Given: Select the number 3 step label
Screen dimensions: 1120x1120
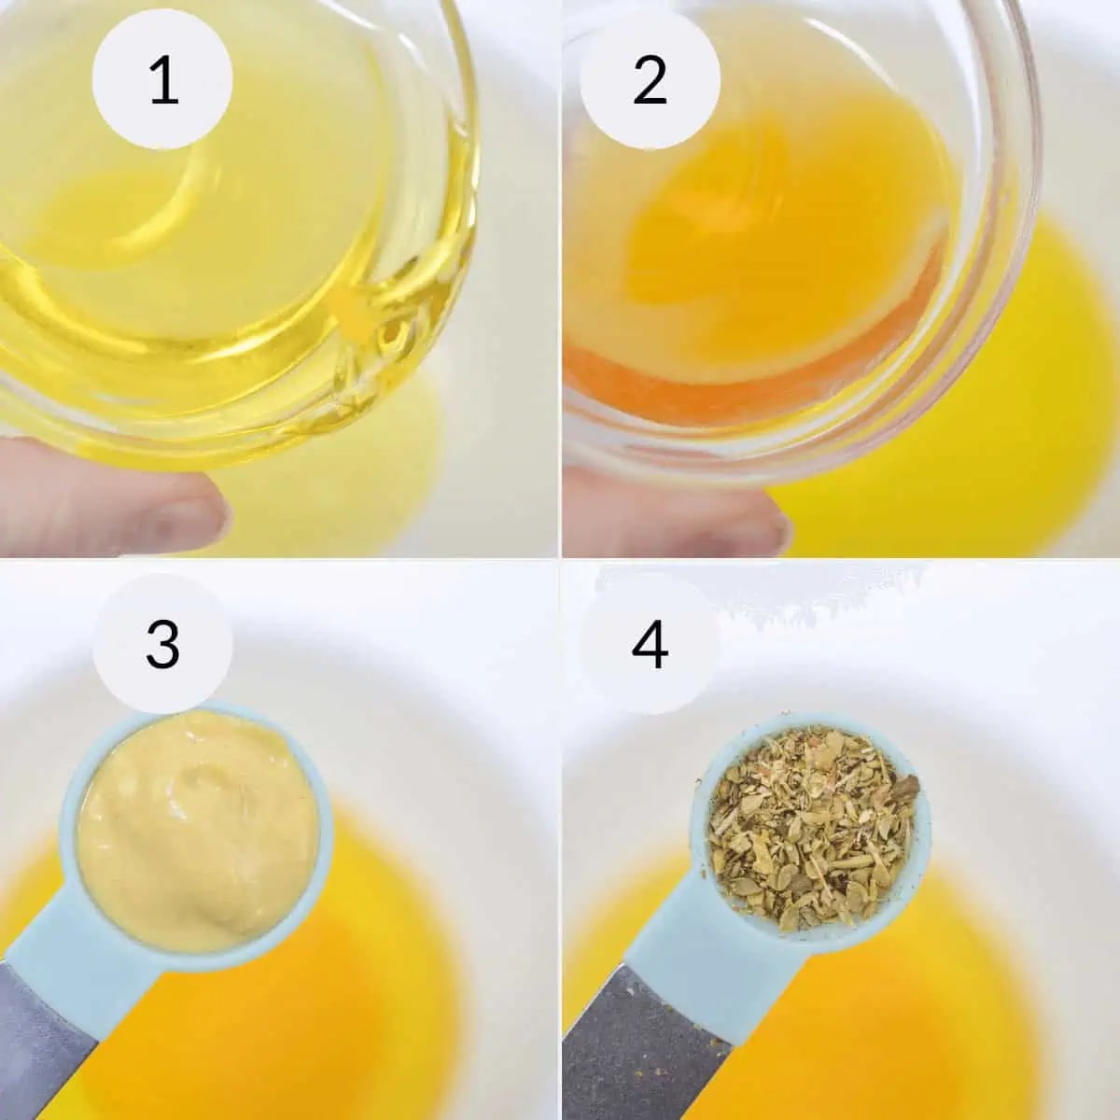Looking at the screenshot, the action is click(x=162, y=645).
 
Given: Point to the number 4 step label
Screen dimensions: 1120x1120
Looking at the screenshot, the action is click(x=650, y=645).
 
